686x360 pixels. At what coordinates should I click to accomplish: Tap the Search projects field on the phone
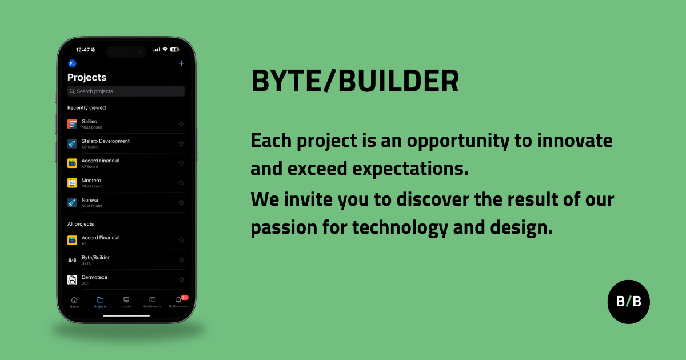126,91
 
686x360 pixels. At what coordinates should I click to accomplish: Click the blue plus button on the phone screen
182,63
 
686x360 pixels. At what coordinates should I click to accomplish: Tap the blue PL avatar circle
72,63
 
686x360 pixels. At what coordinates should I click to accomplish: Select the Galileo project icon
72,124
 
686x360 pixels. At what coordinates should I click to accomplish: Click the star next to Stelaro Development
181,143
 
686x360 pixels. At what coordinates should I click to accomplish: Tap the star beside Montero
181,183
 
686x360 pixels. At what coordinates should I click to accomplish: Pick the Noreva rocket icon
72,202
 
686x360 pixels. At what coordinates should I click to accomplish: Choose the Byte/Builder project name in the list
95,258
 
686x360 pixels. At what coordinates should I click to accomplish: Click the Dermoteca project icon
72,279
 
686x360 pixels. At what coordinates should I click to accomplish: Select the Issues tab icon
126,300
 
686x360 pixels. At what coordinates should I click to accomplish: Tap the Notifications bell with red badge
178,300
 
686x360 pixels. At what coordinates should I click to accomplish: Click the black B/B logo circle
628,302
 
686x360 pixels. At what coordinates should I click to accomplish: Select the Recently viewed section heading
86,107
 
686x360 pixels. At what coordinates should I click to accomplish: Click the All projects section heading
81,224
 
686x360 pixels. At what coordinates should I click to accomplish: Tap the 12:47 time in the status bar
83,50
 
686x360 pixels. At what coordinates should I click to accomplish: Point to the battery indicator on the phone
175,50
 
